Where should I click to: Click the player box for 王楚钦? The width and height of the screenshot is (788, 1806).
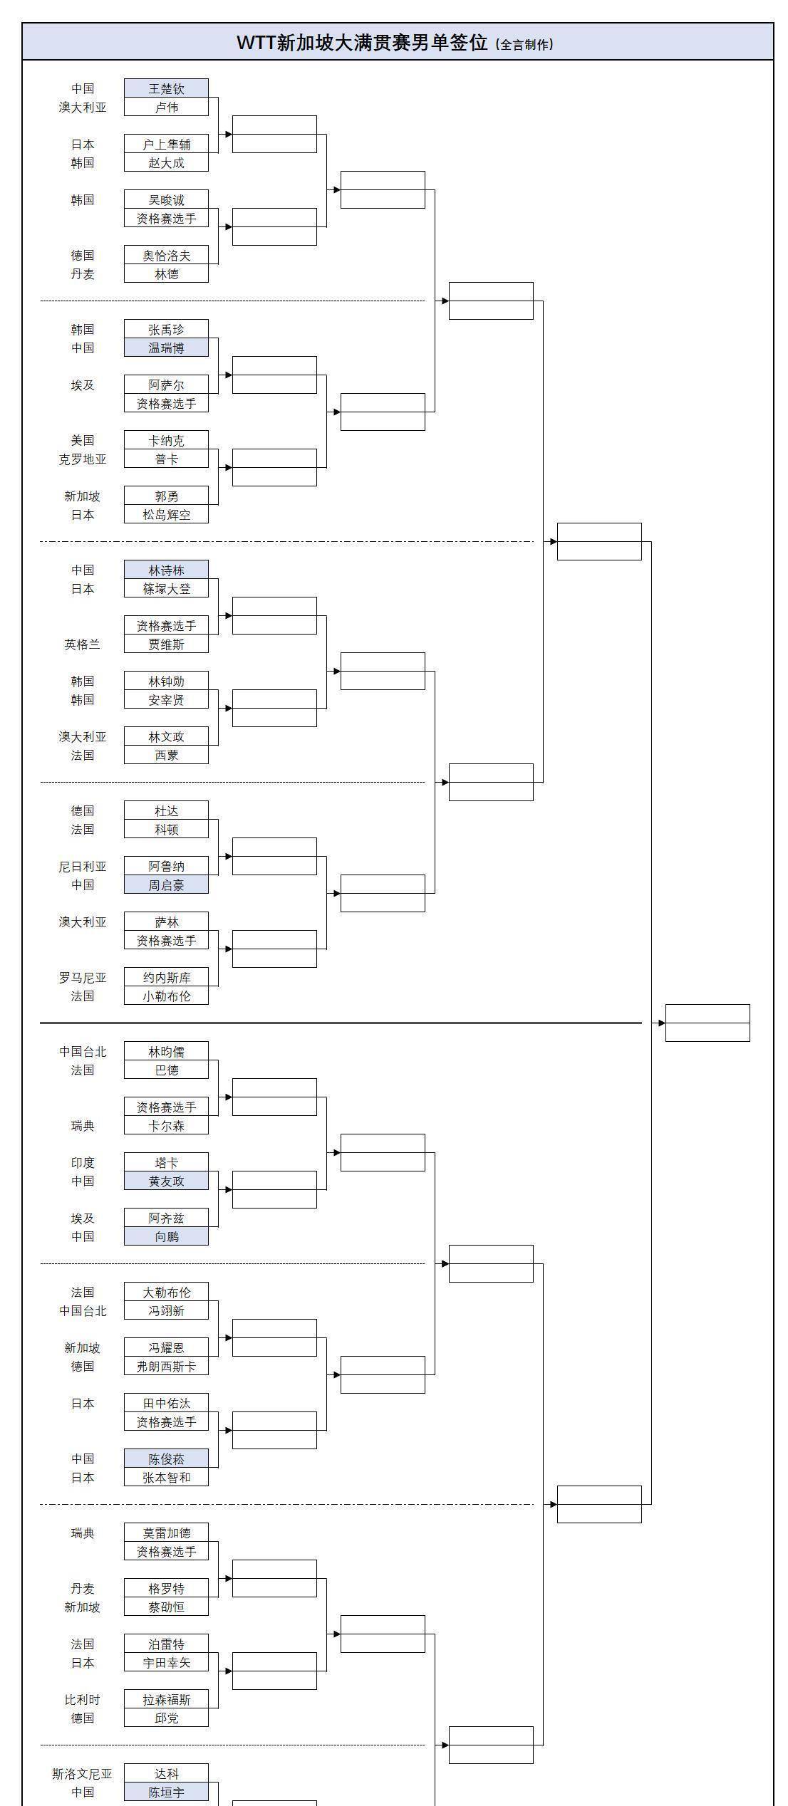click(166, 88)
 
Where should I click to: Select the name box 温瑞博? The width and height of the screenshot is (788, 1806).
click(166, 348)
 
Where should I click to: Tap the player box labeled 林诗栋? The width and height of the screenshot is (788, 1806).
click(166, 570)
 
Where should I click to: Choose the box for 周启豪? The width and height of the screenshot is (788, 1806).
click(166, 884)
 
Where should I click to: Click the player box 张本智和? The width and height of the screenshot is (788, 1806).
click(166, 1477)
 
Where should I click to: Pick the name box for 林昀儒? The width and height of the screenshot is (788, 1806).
click(166, 1051)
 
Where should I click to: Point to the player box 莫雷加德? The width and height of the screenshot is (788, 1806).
click(166, 1533)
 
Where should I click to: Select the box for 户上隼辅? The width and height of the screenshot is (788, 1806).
click(166, 144)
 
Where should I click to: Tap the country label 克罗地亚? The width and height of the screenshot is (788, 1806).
click(83, 459)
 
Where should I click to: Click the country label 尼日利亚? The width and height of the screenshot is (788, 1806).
click(83, 866)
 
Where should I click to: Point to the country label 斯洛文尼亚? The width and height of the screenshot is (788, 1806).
click(82, 1773)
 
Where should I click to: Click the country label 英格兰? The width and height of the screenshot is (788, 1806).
click(83, 644)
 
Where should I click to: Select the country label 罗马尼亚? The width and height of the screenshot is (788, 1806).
click(83, 977)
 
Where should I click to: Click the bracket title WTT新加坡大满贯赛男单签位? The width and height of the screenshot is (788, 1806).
click(362, 43)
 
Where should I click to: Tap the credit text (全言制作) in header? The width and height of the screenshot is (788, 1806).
click(524, 44)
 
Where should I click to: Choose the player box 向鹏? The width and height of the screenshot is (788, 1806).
click(166, 1236)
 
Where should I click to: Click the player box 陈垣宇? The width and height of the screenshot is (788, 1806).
click(166, 1792)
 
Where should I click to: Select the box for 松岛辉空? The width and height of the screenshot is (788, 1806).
click(166, 514)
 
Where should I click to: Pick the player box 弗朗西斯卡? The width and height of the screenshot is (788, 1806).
click(166, 1366)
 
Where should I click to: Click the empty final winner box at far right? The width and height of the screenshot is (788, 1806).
click(707, 1023)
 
